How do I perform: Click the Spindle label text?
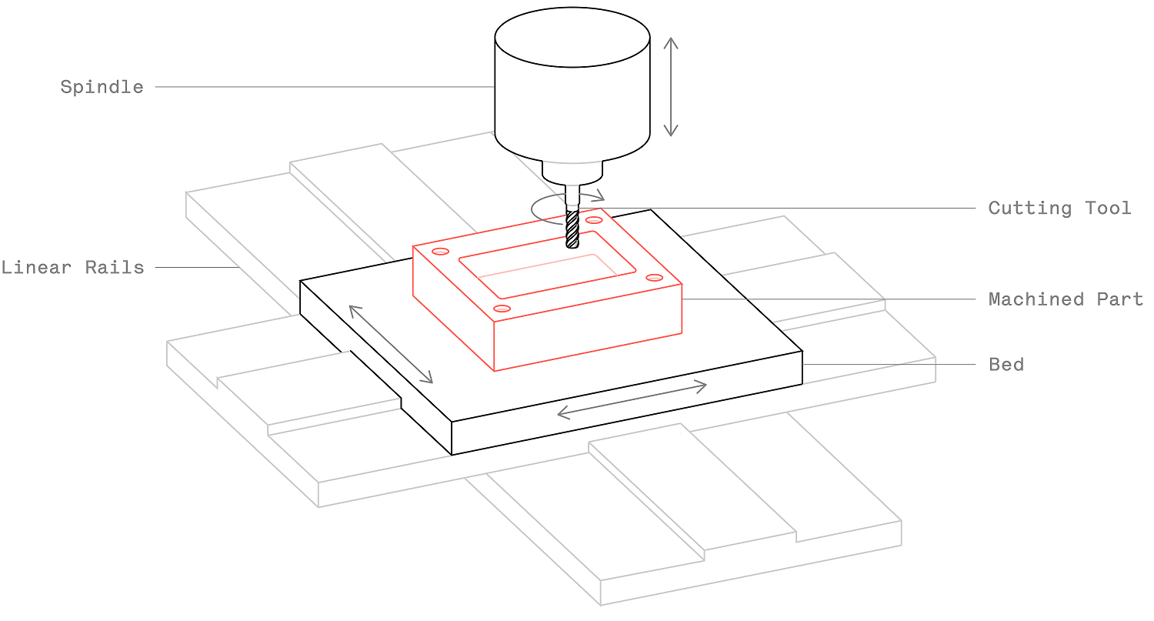coord(102,87)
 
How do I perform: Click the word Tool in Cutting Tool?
coord(1108,208)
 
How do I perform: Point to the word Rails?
coord(117,268)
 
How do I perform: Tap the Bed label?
coord(1006,364)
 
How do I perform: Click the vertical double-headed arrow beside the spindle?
coord(671,86)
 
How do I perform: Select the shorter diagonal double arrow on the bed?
coord(391,344)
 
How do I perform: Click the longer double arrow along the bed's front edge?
coord(632,399)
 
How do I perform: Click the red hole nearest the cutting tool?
coord(593,220)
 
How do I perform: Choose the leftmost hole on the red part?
coord(441,251)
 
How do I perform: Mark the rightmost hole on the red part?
coord(654,277)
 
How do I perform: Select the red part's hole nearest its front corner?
coord(502,309)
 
